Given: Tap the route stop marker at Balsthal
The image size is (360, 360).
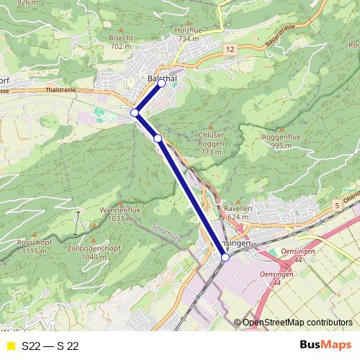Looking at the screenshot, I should click(161, 84).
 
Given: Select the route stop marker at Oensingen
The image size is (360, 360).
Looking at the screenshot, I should click(225, 257).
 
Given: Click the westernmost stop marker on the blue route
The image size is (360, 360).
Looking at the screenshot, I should click(135, 113).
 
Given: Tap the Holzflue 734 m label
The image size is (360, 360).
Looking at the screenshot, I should click(189, 35).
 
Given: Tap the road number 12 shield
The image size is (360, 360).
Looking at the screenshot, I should click(229, 49).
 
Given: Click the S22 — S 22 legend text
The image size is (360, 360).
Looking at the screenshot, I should click(50, 346).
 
